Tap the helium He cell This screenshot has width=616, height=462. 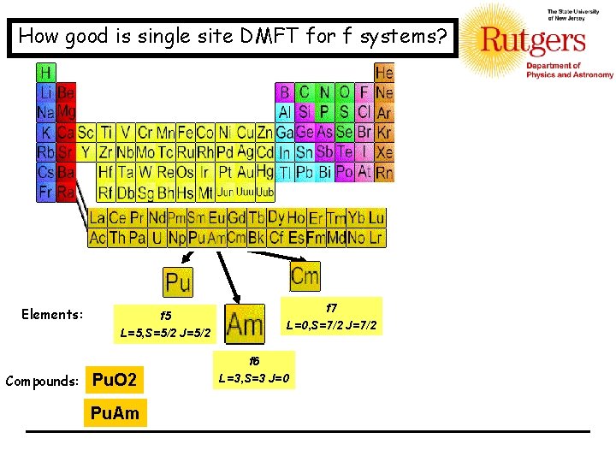tap(384, 72)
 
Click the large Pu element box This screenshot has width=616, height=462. tap(178, 281)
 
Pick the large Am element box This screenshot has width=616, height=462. tap(246, 323)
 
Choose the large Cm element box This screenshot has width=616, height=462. tap(305, 275)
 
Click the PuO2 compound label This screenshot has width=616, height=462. tap(115, 379)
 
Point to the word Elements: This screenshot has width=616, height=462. tap(52, 314)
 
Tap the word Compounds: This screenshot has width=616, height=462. tap(43, 380)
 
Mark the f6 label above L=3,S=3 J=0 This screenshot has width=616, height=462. tap(254, 362)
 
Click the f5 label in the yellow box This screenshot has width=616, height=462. tap(166, 316)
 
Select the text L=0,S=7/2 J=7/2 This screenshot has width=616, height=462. tap(331, 325)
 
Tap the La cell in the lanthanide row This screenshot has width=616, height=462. tap(98, 218)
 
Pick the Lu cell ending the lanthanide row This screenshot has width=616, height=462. tap(376, 218)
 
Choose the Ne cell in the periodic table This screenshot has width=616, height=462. tap(384, 92)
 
